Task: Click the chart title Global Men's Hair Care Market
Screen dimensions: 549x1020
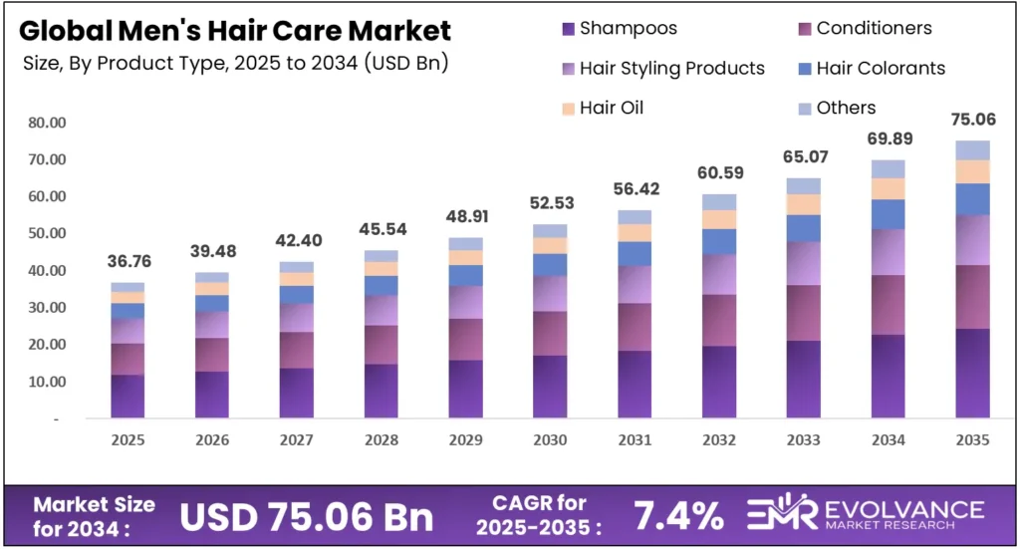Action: click(x=234, y=31)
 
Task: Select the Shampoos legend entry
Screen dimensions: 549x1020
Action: click(x=627, y=28)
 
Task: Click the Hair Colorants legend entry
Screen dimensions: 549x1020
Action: click(x=880, y=68)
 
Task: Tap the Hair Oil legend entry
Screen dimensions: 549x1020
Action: click(x=611, y=108)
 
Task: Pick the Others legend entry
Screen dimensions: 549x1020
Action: click(x=845, y=108)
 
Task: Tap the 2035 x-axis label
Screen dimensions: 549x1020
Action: click(x=972, y=440)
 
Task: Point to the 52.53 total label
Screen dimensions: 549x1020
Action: click(x=550, y=204)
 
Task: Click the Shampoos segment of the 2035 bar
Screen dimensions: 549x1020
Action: click(x=972, y=374)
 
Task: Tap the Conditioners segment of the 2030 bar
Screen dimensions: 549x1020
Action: click(x=550, y=333)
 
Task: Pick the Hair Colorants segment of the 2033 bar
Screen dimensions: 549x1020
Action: click(x=803, y=228)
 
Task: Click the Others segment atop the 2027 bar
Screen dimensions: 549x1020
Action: click(x=297, y=267)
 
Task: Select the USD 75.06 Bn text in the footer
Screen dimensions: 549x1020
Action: click(x=307, y=516)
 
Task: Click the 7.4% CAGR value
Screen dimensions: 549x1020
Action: click(x=678, y=516)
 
